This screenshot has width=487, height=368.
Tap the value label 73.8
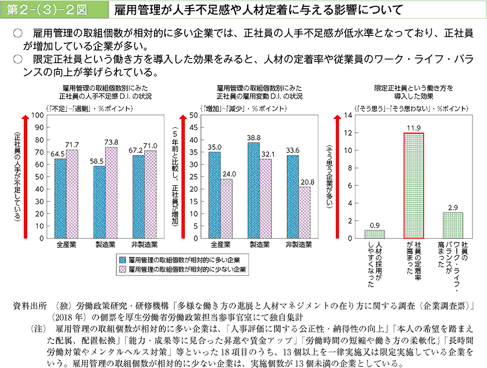[111, 141]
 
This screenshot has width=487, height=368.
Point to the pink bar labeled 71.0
[150, 194]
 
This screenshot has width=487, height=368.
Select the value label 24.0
[228, 173]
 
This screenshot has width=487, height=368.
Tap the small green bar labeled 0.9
[374, 234]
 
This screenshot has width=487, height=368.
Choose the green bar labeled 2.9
[453, 225]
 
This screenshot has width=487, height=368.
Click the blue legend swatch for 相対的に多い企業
[122, 259]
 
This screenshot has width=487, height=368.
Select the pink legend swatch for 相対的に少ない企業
[122, 270]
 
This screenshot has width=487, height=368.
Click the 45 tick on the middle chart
[192, 128]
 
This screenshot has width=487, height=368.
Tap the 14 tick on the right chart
[348, 115]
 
